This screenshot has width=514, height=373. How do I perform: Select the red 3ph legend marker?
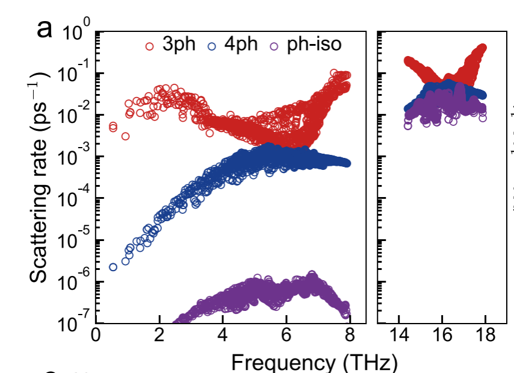[x=150, y=46]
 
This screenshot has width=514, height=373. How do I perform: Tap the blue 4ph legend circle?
[x=211, y=46]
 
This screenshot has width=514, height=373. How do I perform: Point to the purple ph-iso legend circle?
[x=274, y=46]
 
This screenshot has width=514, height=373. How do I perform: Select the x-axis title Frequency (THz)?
[x=314, y=363]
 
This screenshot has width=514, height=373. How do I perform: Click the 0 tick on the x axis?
[x=96, y=336]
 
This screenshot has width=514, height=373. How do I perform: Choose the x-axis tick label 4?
[x=223, y=336]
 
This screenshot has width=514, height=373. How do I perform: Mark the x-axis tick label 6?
[x=287, y=336]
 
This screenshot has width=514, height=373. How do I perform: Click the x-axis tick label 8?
[x=350, y=336]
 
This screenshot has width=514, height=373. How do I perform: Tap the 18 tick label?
[x=486, y=336]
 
